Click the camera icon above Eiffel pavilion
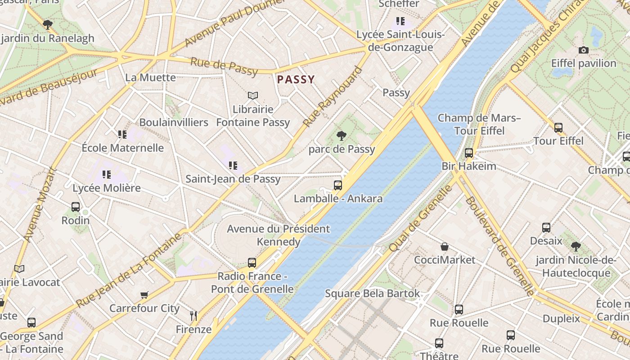584,50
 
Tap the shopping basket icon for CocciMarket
445,247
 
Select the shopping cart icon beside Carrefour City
144,295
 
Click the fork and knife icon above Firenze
193,315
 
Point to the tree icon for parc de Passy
342,135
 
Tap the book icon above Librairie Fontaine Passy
253,95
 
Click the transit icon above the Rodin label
76,207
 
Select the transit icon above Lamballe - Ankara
338,185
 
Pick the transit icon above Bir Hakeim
469,153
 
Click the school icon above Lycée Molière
107,174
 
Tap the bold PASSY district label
296,80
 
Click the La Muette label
150,77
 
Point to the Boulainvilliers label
174,122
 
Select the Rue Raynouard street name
333,97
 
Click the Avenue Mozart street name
40,205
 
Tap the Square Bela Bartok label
372,294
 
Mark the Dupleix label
561,319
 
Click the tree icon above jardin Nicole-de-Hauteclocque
576,246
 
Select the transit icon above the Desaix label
546,228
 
